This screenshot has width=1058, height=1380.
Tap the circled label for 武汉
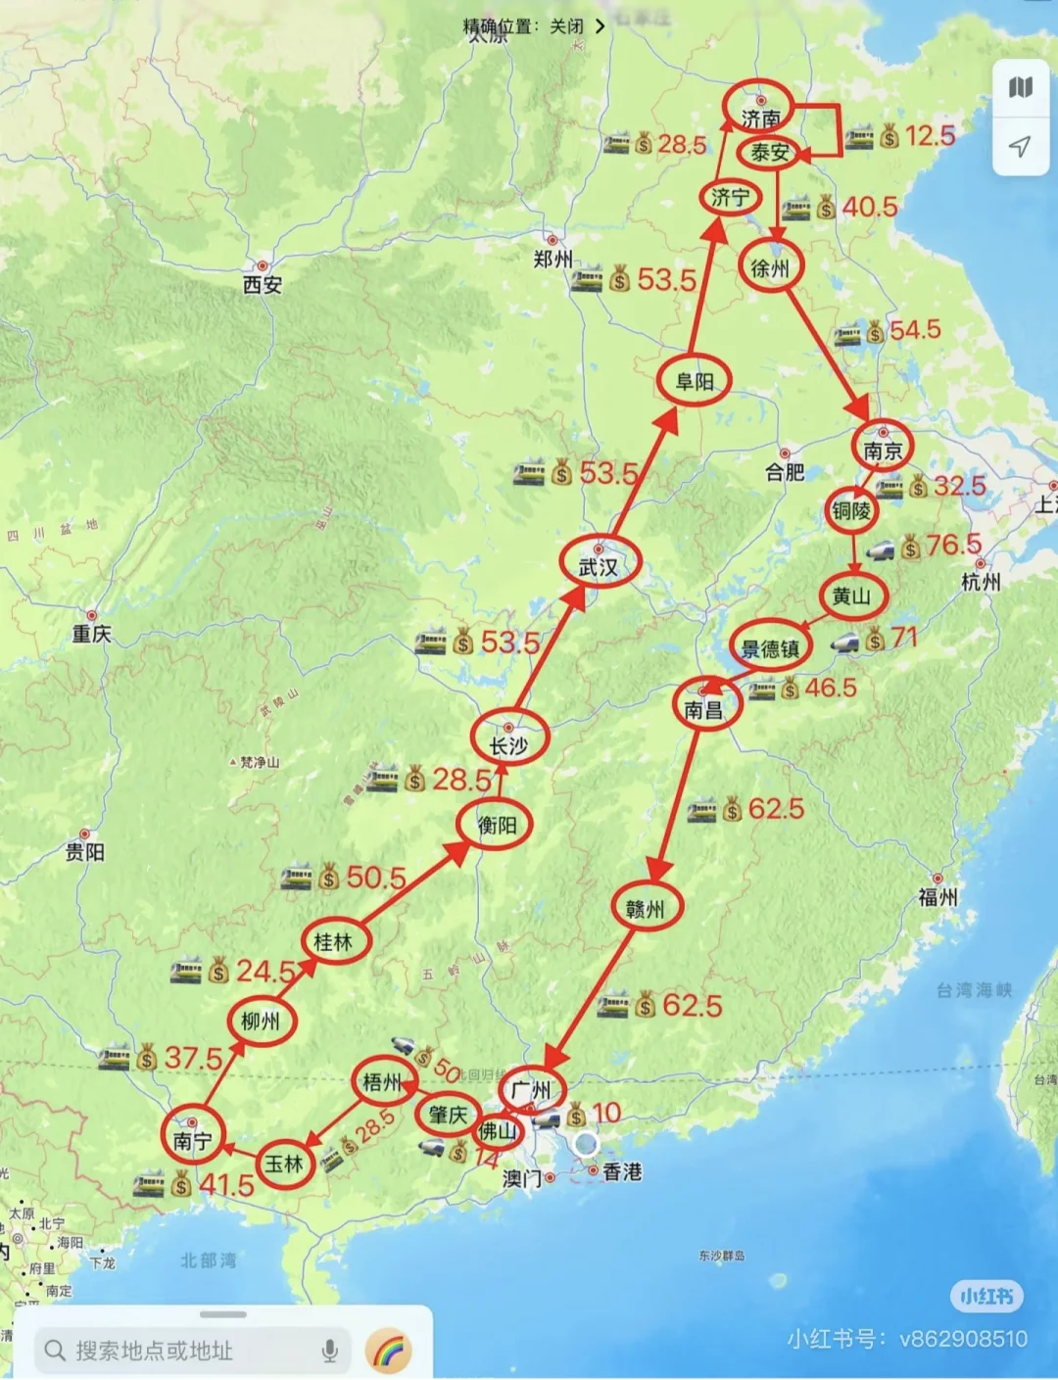click(x=599, y=565)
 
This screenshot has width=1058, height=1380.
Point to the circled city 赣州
click(x=646, y=908)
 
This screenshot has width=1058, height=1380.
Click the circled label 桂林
click(x=333, y=941)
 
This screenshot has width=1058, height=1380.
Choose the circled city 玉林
click(x=285, y=1164)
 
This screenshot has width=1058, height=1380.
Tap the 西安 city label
click(x=263, y=284)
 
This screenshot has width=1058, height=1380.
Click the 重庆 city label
click(x=91, y=634)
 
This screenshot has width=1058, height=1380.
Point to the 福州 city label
click(x=938, y=895)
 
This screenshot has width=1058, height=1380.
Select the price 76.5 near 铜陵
click(x=953, y=545)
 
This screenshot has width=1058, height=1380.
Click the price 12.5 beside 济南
click(x=930, y=135)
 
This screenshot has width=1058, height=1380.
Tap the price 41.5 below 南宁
click(x=226, y=1185)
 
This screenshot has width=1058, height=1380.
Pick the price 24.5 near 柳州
click(x=265, y=971)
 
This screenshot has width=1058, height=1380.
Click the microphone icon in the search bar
click(x=330, y=1351)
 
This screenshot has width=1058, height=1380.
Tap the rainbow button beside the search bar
click(x=388, y=1352)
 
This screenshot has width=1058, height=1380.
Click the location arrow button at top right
click(x=1020, y=147)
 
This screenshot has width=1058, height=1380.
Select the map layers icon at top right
click(x=1020, y=88)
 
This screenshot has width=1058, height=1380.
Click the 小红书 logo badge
click(x=986, y=1297)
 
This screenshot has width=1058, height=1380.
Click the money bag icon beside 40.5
click(x=827, y=208)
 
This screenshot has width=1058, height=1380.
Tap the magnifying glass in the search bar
click(x=55, y=1351)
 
